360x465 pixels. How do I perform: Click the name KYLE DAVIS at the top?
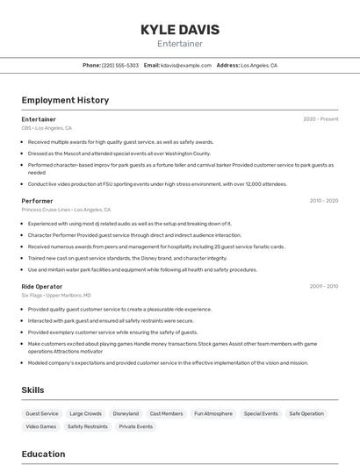click(x=179, y=30)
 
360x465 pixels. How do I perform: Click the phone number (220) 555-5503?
click(x=120, y=66)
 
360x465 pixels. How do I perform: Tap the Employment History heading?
click(x=65, y=100)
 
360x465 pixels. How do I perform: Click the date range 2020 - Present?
click(x=320, y=119)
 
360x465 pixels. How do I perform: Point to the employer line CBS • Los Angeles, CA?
click(x=47, y=128)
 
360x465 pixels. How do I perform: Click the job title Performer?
click(x=37, y=201)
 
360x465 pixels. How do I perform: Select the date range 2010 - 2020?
click(x=323, y=201)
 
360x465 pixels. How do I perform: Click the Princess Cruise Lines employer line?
click(x=66, y=210)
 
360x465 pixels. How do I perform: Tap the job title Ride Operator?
click(x=42, y=286)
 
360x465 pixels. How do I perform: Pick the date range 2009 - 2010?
click(x=323, y=286)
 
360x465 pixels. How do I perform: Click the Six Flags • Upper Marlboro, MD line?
click(x=58, y=296)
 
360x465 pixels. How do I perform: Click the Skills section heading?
click(x=32, y=390)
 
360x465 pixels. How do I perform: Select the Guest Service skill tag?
click(x=42, y=413)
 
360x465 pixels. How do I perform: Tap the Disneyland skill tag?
click(x=126, y=413)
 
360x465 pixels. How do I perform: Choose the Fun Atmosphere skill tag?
click(x=213, y=413)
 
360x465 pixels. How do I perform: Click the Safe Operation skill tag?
click(x=306, y=413)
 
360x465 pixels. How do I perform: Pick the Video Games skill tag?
click(x=40, y=426)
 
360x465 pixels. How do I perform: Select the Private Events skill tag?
click(x=136, y=426)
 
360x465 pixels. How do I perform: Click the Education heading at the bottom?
click(x=44, y=454)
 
